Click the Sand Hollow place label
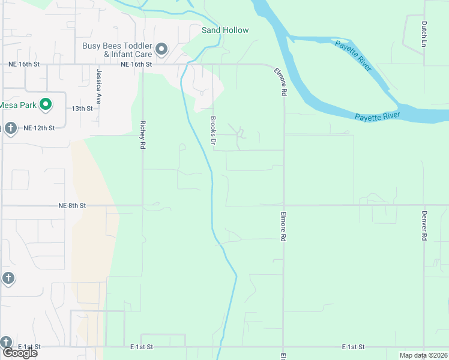pos(225,30)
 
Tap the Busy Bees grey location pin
pos(161,49)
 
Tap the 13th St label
pos(82,109)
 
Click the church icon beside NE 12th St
pos(10,128)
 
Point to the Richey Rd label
pos(143,135)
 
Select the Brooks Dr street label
pos(212,130)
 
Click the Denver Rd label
pos(424,226)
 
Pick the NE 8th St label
pos(73,205)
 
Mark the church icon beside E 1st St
pos(7,342)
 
